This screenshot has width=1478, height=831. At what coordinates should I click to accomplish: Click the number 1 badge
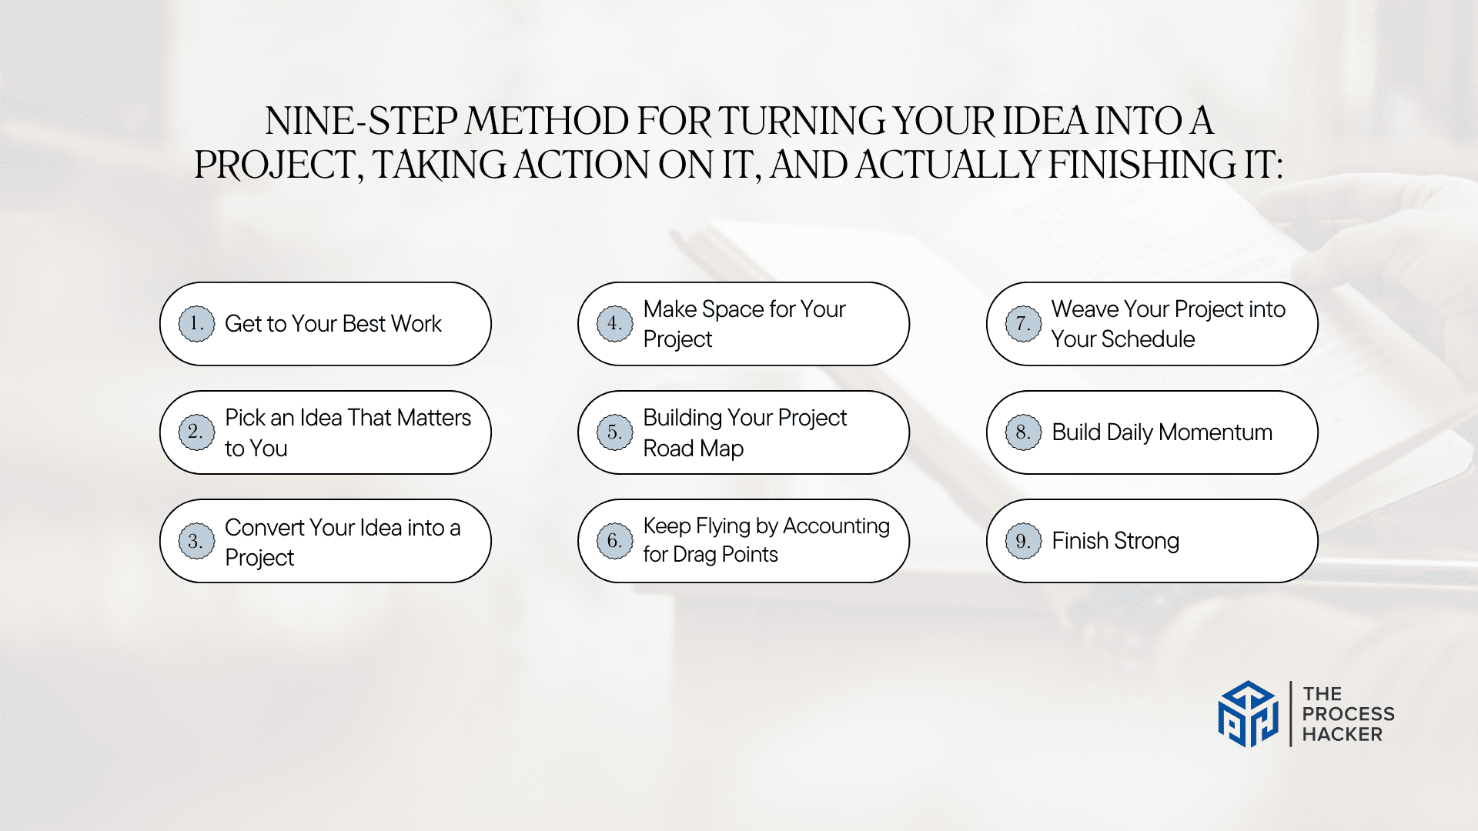coord(196,324)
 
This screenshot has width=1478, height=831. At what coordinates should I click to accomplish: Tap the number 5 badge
coord(615,432)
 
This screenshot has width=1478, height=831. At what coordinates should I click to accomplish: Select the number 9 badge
coord(1023,541)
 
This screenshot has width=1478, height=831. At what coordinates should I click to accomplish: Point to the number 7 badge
coord(1023,324)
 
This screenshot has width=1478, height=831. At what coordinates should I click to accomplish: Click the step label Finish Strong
coord(1115,541)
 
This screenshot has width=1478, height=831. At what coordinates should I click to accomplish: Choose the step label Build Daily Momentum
coord(1162,432)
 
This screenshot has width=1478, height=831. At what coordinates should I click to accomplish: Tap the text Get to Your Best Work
coord(333,324)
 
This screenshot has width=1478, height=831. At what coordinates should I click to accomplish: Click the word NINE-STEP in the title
coord(362,121)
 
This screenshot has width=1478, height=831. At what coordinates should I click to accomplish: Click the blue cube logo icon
coord(1248,714)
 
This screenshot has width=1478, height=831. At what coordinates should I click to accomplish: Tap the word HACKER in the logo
coord(1342,735)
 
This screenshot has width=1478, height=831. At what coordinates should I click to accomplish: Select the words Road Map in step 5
coord(694,449)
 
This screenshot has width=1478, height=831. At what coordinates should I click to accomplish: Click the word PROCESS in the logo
coord(1348,714)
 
